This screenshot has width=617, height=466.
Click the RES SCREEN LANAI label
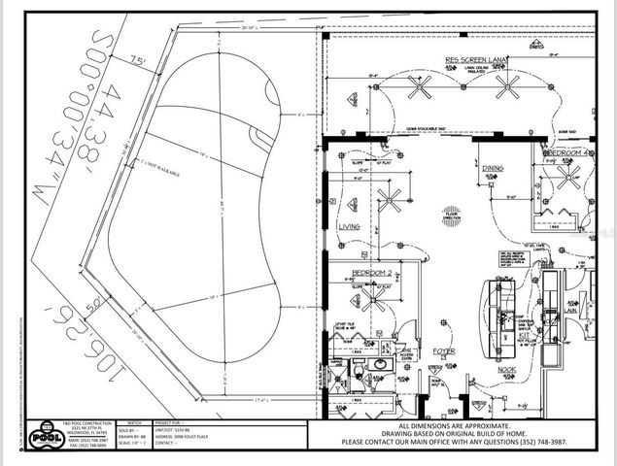[x=477, y=59]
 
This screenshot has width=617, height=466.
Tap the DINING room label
[x=493, y=169]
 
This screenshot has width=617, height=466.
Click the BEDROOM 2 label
[x=370, y=272]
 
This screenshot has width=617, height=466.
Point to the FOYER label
[x=443, y=350]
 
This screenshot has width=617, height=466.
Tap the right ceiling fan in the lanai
[x=507, y=87]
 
